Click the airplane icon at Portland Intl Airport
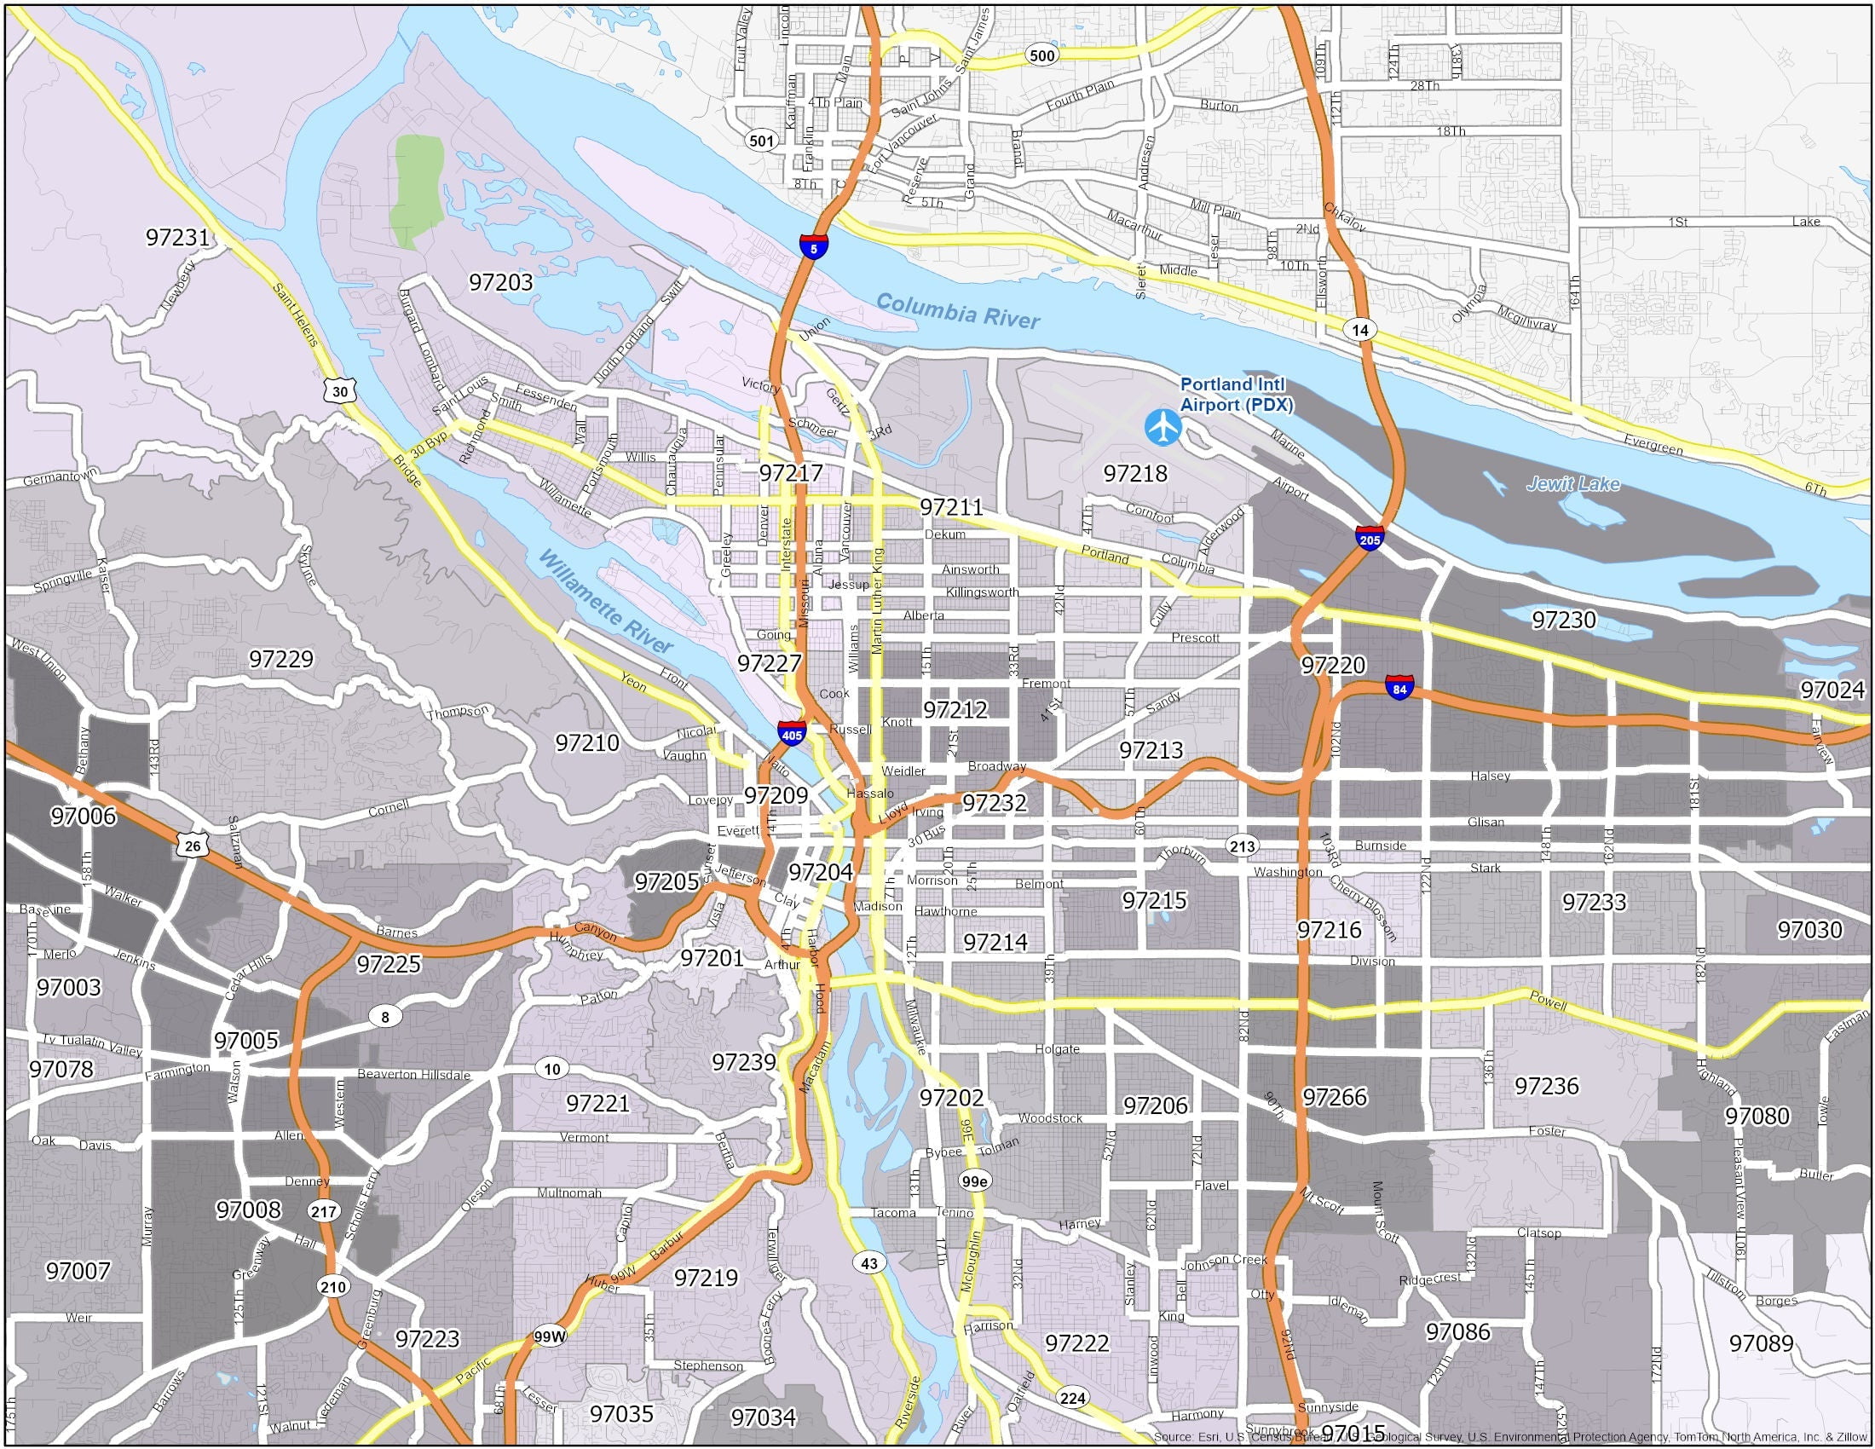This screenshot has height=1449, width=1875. click(x=1163, y=428)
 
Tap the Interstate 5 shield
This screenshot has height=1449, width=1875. click(x=813, y=246)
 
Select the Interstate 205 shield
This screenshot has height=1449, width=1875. click(x=1370, y=538)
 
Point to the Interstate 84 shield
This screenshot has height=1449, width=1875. click(x=1399, y=688)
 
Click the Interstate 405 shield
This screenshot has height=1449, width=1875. click(x=791, y=733)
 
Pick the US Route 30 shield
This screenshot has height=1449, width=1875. click(x=340, y=390)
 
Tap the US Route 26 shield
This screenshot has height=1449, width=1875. click(x=193, y=845)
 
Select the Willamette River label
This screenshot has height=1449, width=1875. click(x=606, y=603)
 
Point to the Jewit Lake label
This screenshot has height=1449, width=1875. click(x=1572, y=484)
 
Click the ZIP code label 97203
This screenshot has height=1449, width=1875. click(x=500, y=281)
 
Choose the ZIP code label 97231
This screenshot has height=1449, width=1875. click(x=178, y=237)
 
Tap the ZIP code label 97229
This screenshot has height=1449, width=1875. click(x=280, y=658)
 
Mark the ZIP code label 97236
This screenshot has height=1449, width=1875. click(x=1546, y=1086)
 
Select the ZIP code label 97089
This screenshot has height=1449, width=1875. click(x=1762, y=1342)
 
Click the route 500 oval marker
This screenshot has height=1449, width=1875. click(x=1041, y=55)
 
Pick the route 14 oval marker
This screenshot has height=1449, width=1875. click(x=1359, y=330)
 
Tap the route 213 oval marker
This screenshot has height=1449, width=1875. click(x=1242, y=846)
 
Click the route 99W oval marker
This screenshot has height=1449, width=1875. click(x=551, y=1336)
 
